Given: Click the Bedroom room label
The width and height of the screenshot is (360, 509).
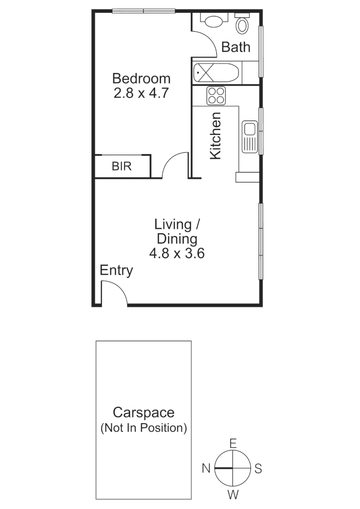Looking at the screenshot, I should [141, 78].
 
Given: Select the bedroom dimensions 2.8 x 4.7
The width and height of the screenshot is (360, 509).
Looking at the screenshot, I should [141, 93].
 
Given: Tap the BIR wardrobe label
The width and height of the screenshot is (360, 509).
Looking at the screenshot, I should [122, 166].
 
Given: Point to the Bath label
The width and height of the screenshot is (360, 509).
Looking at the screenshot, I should [236, 47].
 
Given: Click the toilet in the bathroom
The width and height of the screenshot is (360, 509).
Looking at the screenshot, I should [243, 24].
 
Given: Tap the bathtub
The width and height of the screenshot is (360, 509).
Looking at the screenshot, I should [216, 73].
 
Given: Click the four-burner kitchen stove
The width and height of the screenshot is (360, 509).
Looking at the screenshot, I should [216, 96].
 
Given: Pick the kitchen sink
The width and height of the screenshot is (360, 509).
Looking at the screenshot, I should [249, 137].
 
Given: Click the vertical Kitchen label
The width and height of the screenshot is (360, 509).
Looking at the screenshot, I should [215, 136].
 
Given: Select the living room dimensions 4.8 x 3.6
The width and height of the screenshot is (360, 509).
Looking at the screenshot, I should [176, 254].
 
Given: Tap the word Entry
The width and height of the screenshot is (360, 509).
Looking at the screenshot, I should [116, 271].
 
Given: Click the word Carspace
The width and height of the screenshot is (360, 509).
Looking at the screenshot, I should [143, 413].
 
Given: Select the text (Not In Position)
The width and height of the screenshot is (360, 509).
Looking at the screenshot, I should [143, 428].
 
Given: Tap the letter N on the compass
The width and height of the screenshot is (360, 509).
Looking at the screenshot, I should [206, 468].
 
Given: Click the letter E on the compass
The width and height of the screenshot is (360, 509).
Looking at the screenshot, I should [232, 443].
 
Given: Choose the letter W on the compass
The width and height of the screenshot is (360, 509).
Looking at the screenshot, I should [232, 494].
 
